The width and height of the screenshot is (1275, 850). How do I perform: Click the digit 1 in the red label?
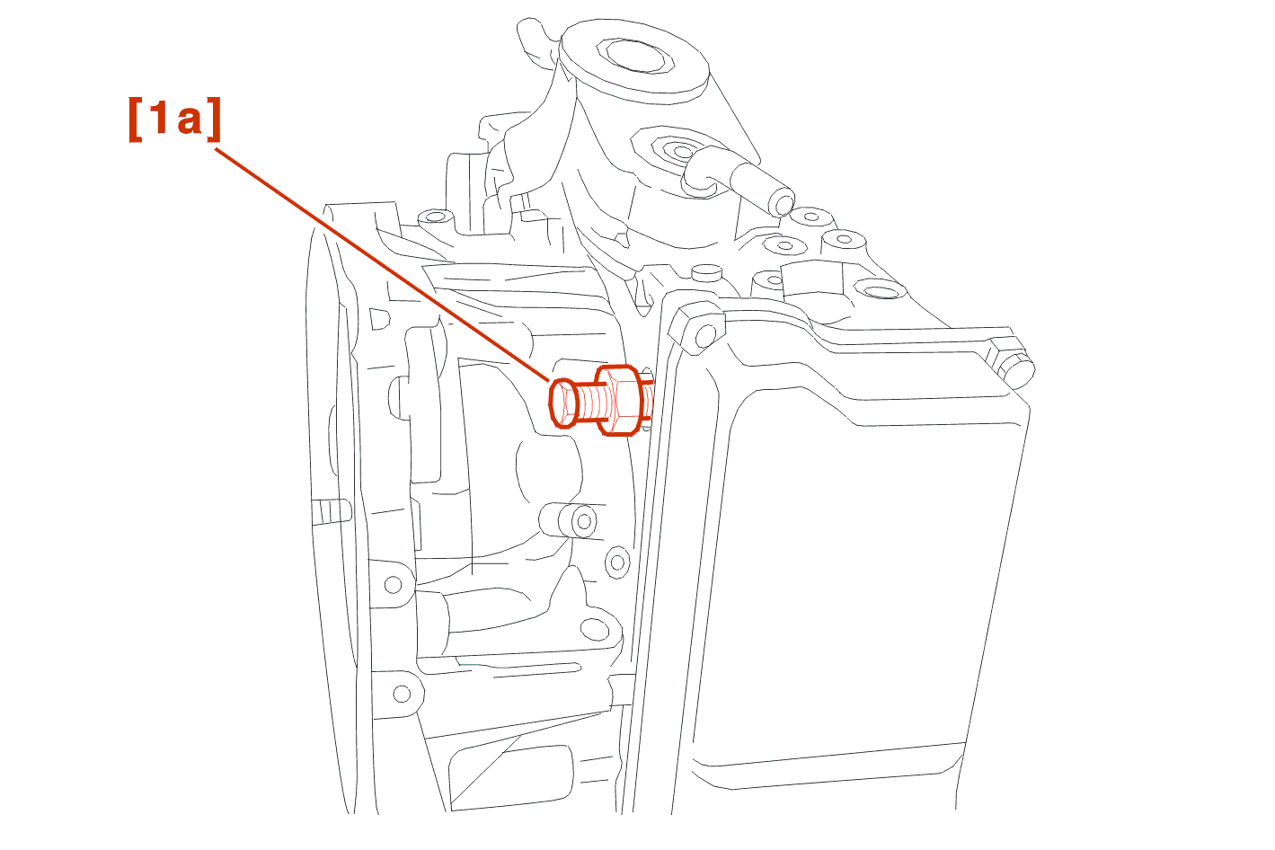point(157,119)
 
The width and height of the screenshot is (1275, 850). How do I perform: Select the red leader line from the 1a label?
point(382,264)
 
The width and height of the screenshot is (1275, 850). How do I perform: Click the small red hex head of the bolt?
point(563,403)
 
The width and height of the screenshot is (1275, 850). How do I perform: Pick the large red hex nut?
point(620,400)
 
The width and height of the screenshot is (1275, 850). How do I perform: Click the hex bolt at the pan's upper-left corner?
point(696,328)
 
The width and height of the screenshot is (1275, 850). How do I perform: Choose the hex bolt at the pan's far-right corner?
point(1014,365)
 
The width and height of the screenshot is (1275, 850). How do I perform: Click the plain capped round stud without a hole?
point(707,273)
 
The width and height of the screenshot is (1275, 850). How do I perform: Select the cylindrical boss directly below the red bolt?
point(568,519)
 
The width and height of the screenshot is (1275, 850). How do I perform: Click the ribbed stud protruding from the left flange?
point(331,510)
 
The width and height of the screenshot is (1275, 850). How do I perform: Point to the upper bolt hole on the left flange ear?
point(393,584)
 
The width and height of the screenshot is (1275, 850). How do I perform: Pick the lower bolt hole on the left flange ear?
point(402,694)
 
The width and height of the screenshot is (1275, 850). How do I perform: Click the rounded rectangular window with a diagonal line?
point(510,776)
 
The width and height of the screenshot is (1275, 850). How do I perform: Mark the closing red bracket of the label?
point(214,120)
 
